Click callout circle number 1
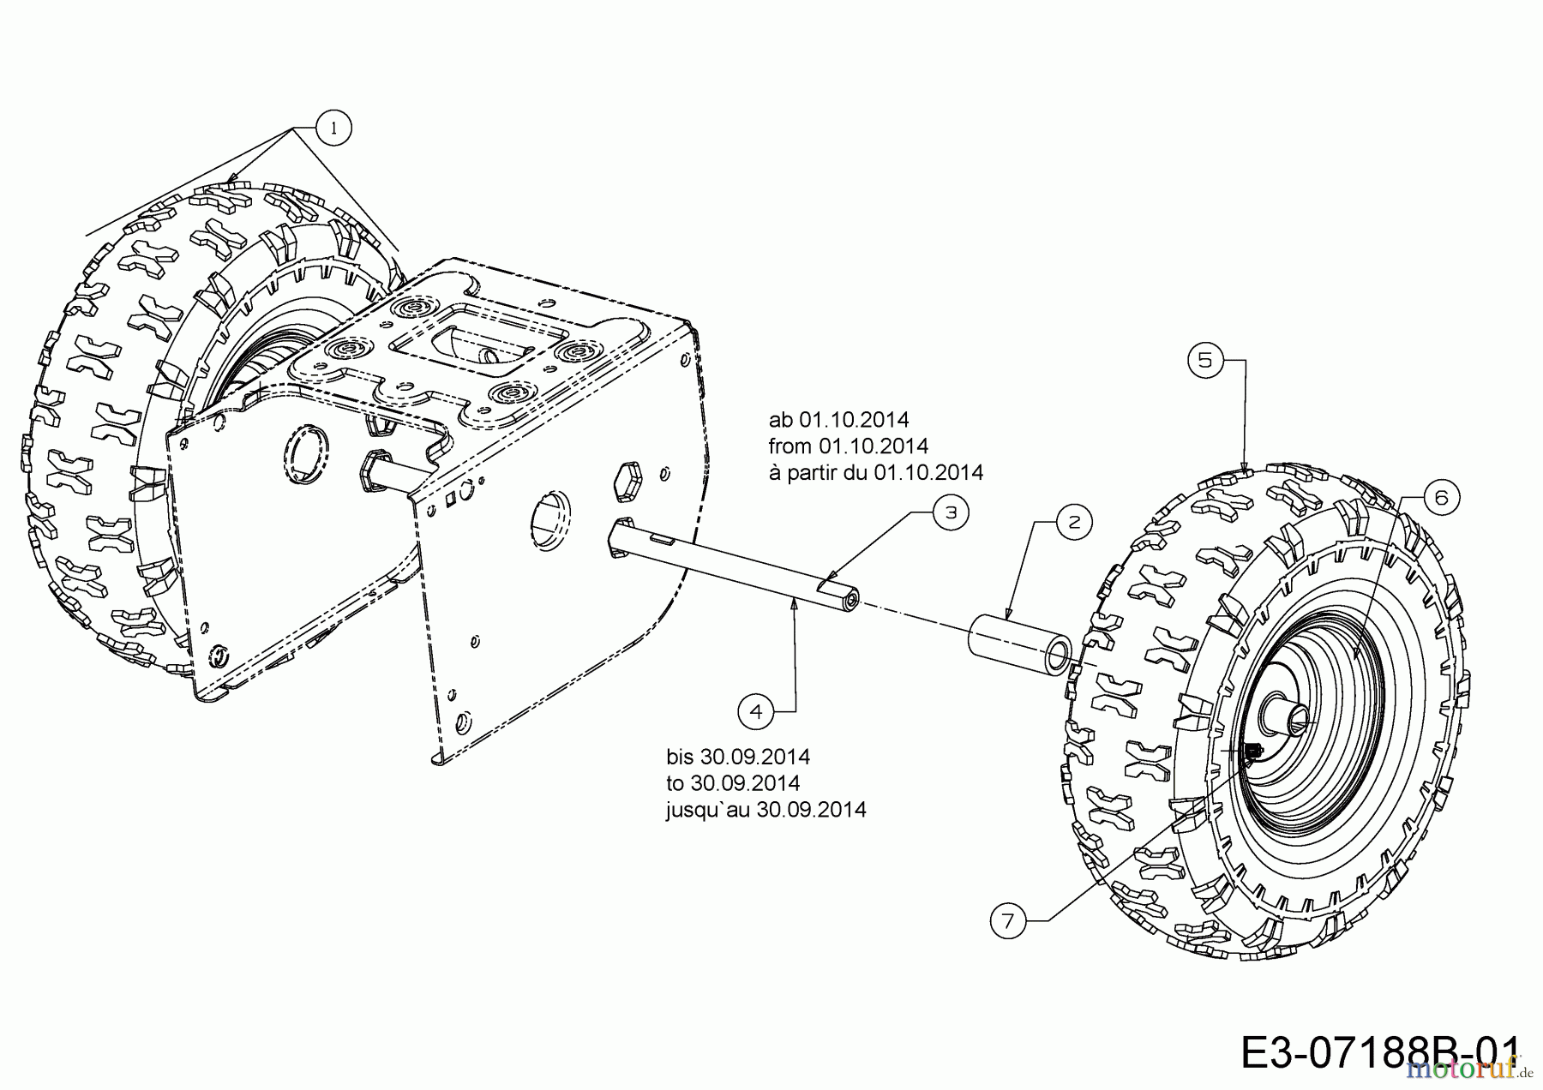coord(334,129)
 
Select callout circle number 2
coord(1075,522)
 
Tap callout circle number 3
coord(951,512)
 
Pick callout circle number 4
coord(755,711)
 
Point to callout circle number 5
coord(1205,361)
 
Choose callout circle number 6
coord(1440,498)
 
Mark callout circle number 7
coord(1007,921)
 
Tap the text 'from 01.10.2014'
coord(848,446)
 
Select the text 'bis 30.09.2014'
coord(737,757)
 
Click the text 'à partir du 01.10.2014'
coord(875,472)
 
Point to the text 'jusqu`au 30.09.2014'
coord(765,810)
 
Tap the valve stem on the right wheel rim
coord(1252,752)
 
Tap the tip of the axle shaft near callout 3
coord(851,601)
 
